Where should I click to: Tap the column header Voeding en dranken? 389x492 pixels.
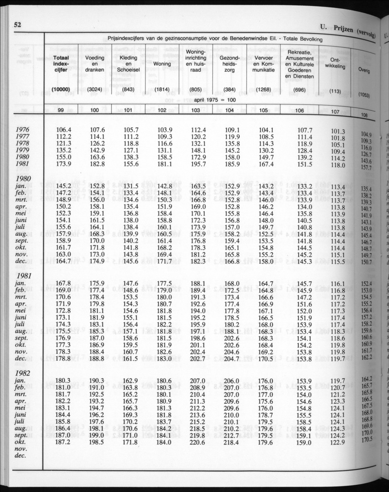click(95, 64)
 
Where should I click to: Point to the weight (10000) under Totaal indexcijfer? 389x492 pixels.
click(61, 90)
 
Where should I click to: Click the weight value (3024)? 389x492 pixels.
click(95, 90)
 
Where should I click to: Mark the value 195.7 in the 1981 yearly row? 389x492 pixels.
click(197, 164)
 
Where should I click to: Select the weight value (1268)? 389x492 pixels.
click(264, 90)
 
